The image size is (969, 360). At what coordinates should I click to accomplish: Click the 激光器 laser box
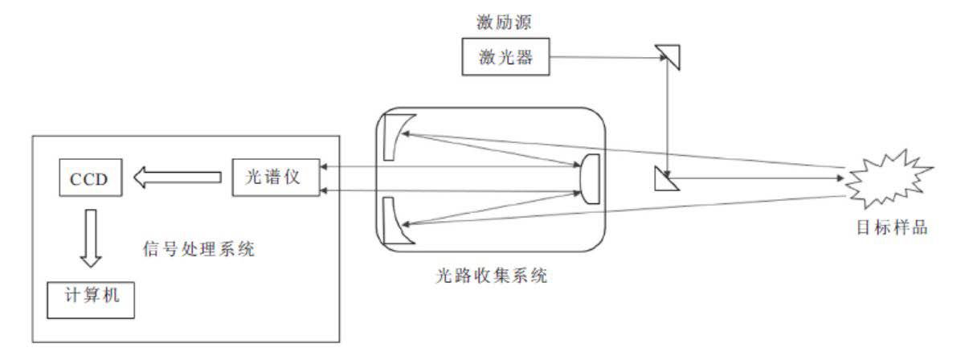pos(505,57)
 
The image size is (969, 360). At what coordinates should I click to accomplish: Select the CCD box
pos(90,177)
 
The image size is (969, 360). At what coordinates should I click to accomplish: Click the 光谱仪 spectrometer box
pos(272,177)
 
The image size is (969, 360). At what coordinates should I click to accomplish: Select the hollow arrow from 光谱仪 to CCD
pos(176,177)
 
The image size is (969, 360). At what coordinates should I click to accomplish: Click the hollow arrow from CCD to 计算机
pos(90,238)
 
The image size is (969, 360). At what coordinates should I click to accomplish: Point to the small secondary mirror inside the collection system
pos(590,178)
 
